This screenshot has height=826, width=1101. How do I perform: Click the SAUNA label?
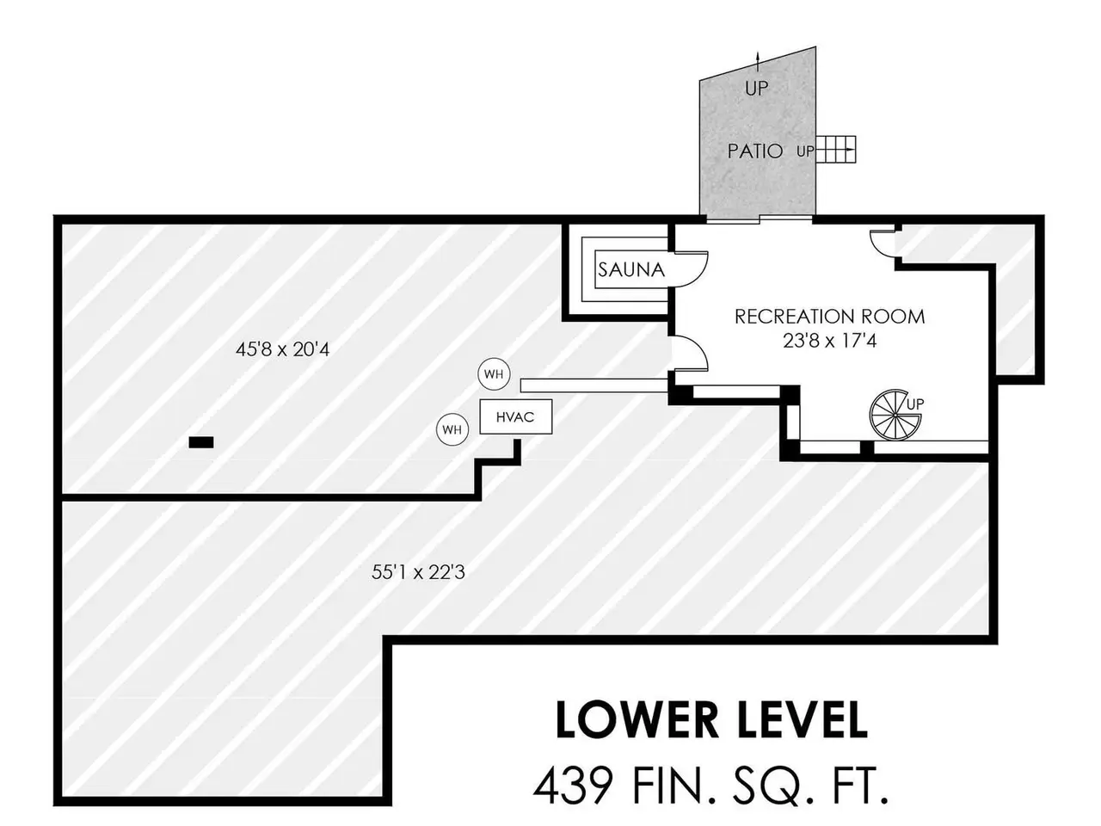(631, 269)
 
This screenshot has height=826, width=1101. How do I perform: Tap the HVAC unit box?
(514, 417)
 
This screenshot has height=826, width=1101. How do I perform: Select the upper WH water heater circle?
(493, 374)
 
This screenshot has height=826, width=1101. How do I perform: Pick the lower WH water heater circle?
(452, 428)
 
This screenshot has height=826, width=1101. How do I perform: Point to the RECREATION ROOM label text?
(829, 317)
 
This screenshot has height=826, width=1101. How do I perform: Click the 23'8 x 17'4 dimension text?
(829, 341)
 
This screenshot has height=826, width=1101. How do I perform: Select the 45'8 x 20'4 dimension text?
(282, 349)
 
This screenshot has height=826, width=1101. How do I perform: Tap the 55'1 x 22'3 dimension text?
(418, 571)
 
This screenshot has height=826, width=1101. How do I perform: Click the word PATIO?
(755, 151)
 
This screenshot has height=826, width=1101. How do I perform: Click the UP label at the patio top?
(757, 88)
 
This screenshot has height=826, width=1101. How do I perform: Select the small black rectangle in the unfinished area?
(201, 442)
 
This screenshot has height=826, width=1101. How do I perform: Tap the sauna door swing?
(689, 267)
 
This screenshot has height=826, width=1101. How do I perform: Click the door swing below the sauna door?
(689, 353)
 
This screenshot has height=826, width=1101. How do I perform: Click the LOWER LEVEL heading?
(710, 720)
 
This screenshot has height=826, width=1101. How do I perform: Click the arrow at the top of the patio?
(757, 59)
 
